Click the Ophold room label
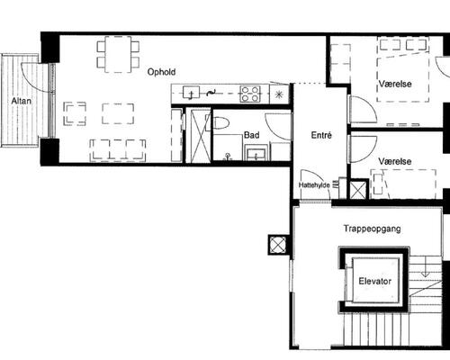pyautogui.click(x=161, y=72)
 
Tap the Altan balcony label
pyautogui.click(x=22, y=101)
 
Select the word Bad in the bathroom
pyautogui.click(x=251, y=135)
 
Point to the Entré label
pyautogui.click(x=321, y=135)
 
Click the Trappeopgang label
pyautogui.click(x=372, y=229)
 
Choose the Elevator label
pyautogui.click(x=375, y=282)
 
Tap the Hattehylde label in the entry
pyautogui.click(x=314, y=185)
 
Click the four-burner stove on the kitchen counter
pyautogui.click(x=250, y=94)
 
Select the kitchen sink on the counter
pyautogui.click(x=191, y=93)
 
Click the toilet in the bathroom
pyautogui.click(x=220, y=122)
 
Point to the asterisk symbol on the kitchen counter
pyautogui.click(x=279, y=94)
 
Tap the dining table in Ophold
pyautogui.click(x=118, y=54)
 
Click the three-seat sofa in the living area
pyautogui.click(x=118, y=150)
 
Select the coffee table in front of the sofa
pyautogui.click(x=118, y=113)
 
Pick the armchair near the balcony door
pyautogui.click(x=75, y=113)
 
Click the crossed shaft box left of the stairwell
pyautogui.click(x=278, y=245)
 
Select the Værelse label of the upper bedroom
pyautogui.click(x=395, y=84)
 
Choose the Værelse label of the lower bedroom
pyautogui.click(x=395, y=161)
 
